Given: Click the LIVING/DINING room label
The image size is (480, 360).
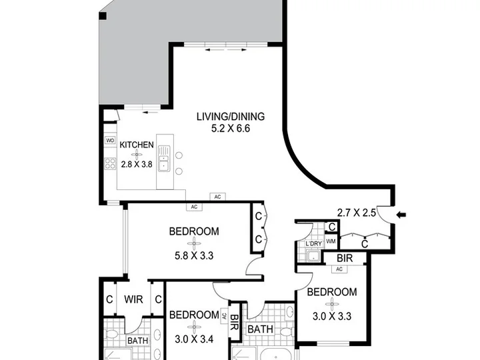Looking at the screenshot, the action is click(x=231, y=117).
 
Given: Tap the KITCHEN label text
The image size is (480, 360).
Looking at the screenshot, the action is click(x=137, y=145).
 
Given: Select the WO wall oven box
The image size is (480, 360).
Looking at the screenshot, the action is click(x=110, y=141).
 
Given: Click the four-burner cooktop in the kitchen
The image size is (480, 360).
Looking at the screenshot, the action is click(x=110, y=163).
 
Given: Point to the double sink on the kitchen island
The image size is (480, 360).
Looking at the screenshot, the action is click(x=163, y=157).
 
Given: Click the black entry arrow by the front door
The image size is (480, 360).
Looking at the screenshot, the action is click(x=401, y=215).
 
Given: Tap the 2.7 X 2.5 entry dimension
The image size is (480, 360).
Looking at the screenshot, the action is click(x=356, y=213).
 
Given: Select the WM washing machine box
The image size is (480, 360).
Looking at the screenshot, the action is click(x=331, y=241).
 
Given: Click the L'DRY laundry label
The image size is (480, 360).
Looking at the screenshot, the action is click(x=314, y=244).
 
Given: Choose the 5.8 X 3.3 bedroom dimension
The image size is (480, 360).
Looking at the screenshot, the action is click(x=194, y=255).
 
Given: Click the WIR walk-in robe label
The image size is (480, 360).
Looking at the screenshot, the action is click(x=133, y=299).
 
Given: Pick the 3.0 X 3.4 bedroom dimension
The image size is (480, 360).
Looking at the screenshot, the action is click(x=194, y=339).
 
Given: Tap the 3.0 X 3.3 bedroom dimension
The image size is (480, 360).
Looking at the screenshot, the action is click(x=332, y=316).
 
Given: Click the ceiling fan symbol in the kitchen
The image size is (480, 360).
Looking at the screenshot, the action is click(x=137, y=155).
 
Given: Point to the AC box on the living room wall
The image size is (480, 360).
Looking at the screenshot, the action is click(x=217, y=197).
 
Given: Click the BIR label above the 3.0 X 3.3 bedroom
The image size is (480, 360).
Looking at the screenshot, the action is click(x=345, y=258).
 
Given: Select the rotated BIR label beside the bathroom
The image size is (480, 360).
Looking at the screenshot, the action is click(x=235, y=323).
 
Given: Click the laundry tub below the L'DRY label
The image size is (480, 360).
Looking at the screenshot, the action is click(x=313, y=256).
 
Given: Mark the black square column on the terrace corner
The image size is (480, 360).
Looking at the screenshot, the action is click(x=103, y=15).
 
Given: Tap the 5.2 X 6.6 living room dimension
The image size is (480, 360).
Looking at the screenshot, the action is click(x=231, y=129).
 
